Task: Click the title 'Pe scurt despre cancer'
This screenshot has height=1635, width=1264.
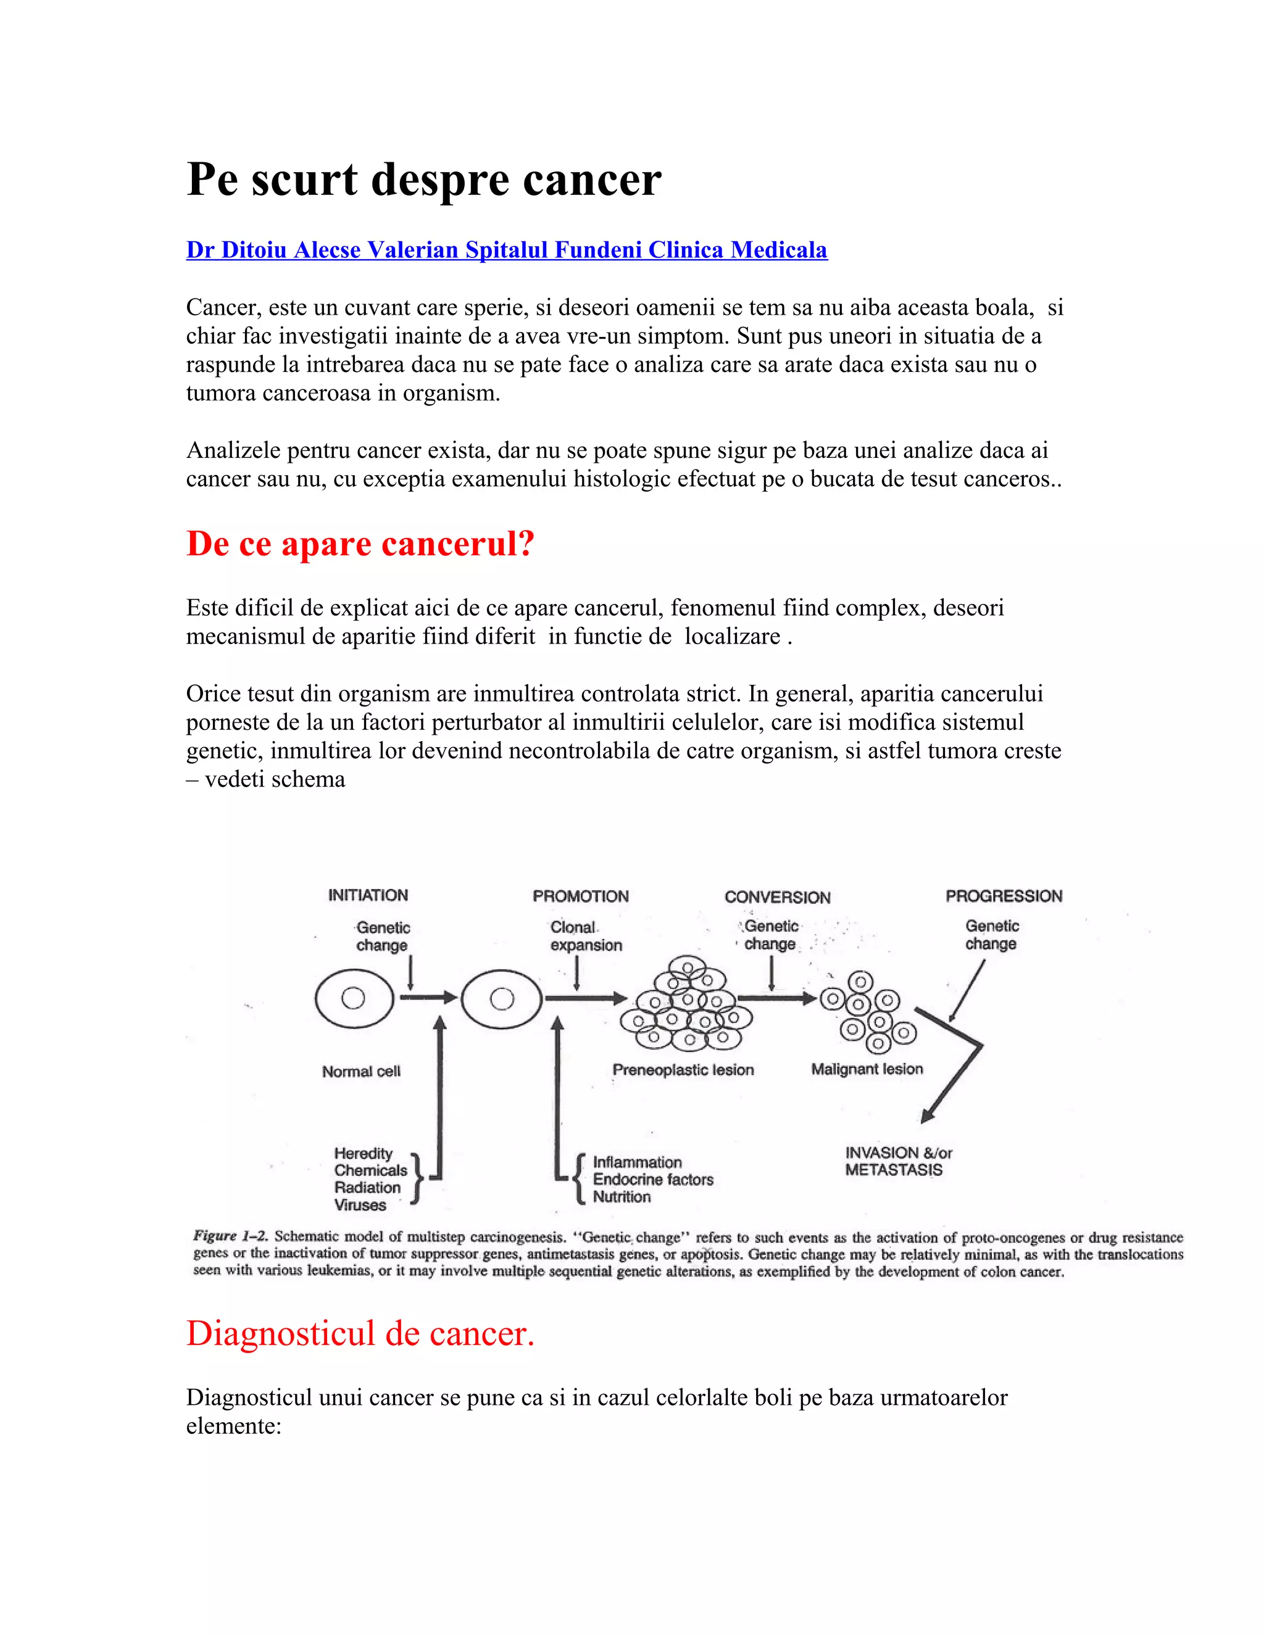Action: point(424,180)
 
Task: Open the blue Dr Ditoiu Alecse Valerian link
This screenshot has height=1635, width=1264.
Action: point(506,250)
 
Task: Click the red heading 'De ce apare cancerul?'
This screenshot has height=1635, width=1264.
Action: point(360,544)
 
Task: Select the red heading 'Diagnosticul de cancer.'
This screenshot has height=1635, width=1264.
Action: point(360,1333)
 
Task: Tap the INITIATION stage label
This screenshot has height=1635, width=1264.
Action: point(368,895)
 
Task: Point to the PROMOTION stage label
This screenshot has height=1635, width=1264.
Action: point(580,896)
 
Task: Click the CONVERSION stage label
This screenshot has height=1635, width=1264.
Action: point(777,897)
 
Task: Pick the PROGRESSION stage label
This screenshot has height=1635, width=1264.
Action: point(1004,896)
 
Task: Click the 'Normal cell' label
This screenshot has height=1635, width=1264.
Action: point(361,1071)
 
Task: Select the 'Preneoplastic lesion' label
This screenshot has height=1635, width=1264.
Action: point(683,1070)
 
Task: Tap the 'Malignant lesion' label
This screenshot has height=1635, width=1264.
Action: point(867,1069)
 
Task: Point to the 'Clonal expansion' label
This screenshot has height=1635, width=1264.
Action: point(586,936)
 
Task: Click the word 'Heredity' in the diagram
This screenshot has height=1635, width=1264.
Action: point(363,1154)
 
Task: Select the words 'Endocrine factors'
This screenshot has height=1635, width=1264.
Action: point(653,1180)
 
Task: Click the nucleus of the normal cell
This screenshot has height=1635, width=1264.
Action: point(352,998)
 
